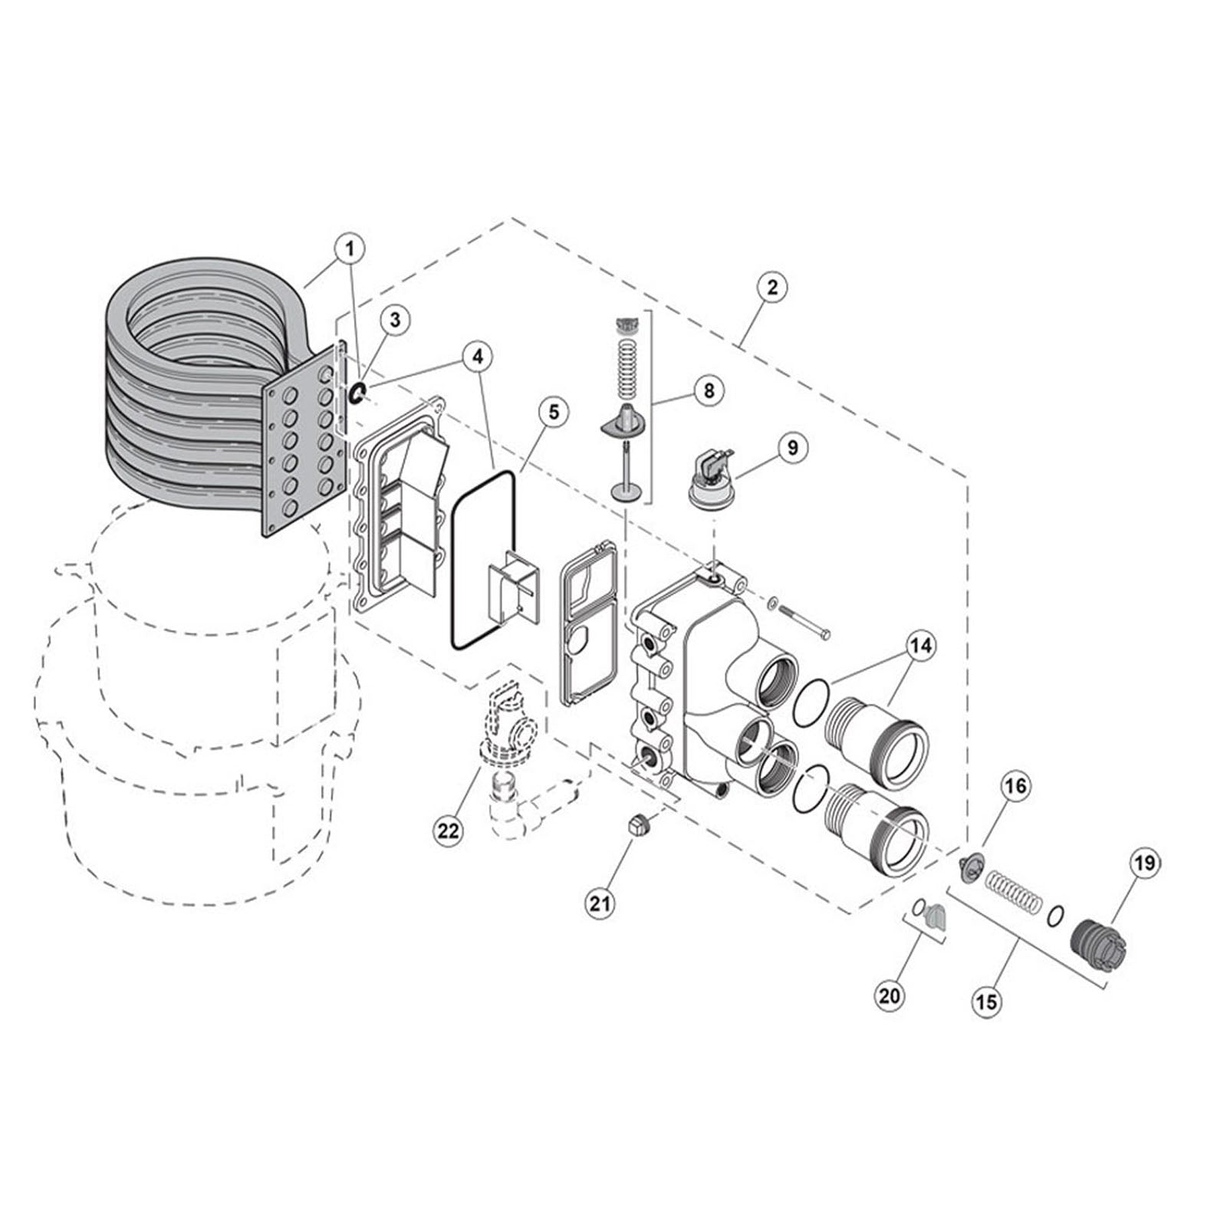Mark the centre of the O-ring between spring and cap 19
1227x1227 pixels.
coord(1055,916)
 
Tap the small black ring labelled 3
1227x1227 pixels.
coord(357,394)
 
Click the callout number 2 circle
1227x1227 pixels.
coord(771,288)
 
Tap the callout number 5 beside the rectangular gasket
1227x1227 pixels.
coord(554,412)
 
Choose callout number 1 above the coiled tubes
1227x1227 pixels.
coord(350,248)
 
